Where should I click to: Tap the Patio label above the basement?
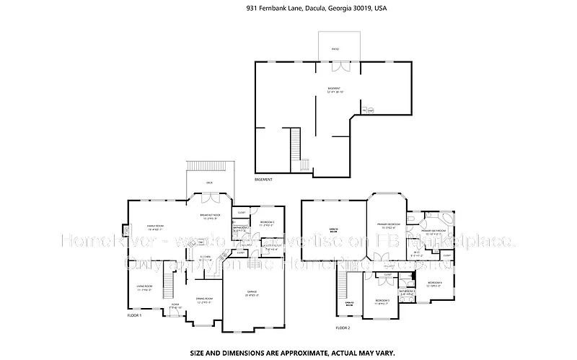tap(335, 50)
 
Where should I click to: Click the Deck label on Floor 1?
tap(209, 183)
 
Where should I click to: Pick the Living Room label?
tap(144, 288)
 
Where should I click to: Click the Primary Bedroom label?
tap(388, 225)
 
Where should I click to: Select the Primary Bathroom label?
tap(436, 232)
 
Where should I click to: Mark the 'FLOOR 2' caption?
tap(343, 328)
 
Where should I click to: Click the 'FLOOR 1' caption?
tap(134, 316)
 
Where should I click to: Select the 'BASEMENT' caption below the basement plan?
tap(265, 179)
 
